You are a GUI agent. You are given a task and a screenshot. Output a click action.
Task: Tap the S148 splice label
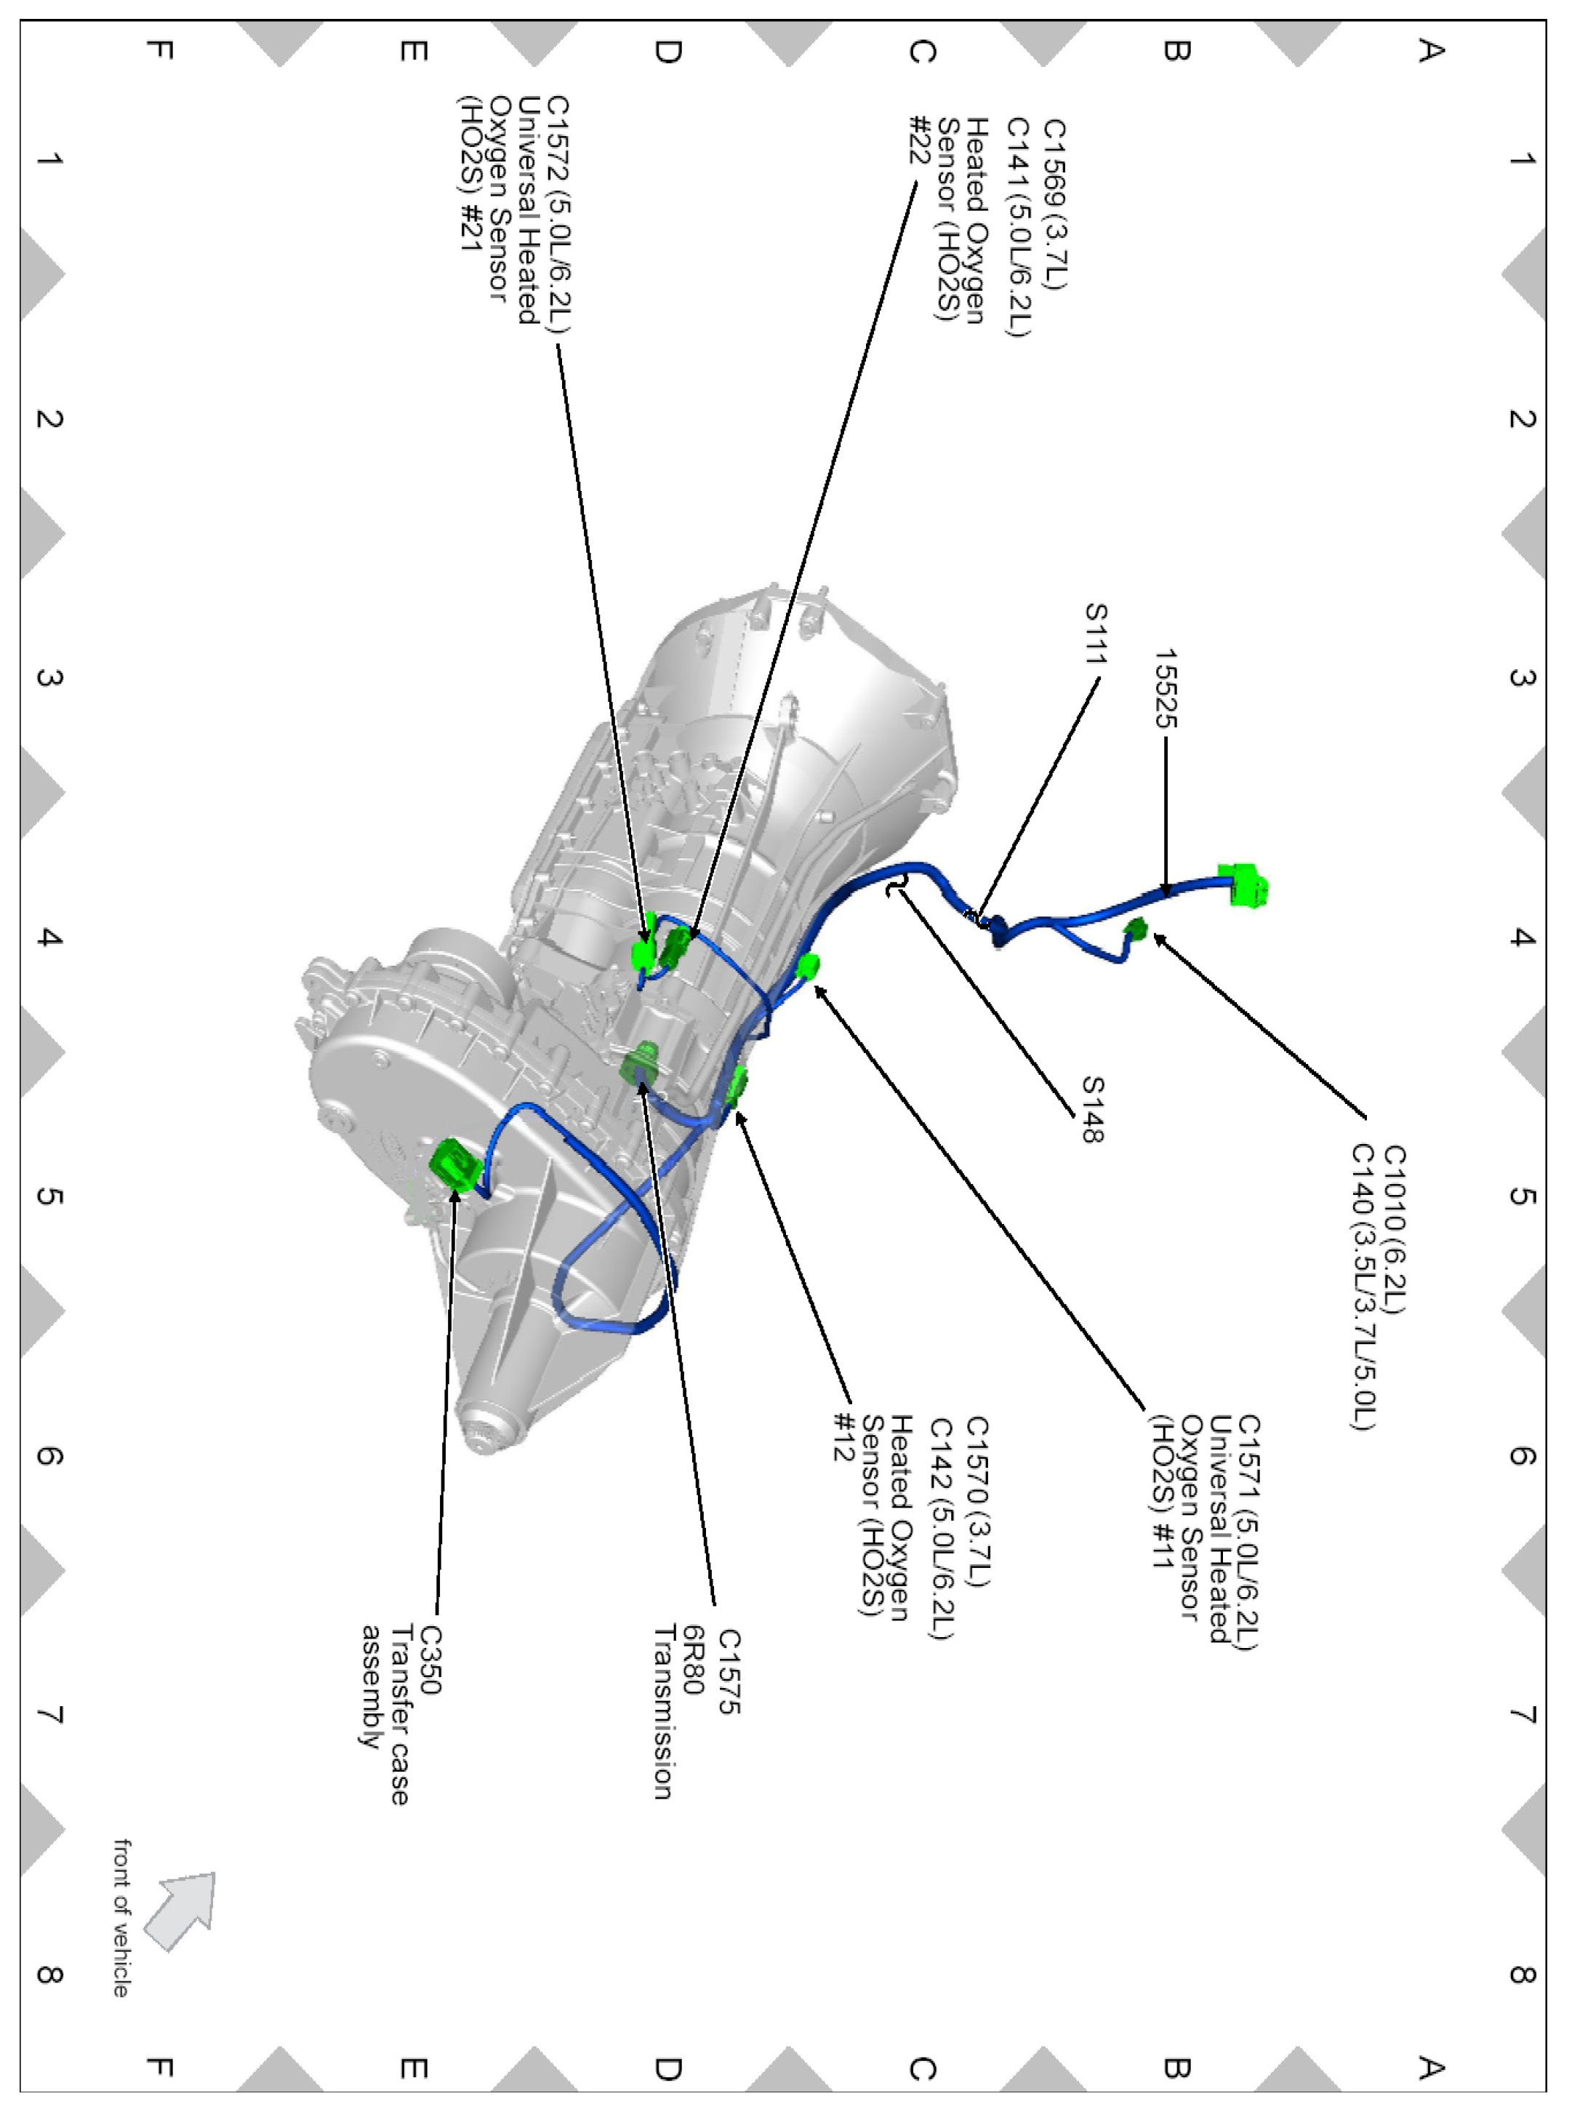pyautogui.click(x=1094, y=1109)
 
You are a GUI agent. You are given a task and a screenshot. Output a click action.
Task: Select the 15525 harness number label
pyautogui.click(x=1165, y=689)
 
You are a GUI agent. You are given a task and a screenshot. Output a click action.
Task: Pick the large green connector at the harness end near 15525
pyautogui.click(x=1242, y=884)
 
